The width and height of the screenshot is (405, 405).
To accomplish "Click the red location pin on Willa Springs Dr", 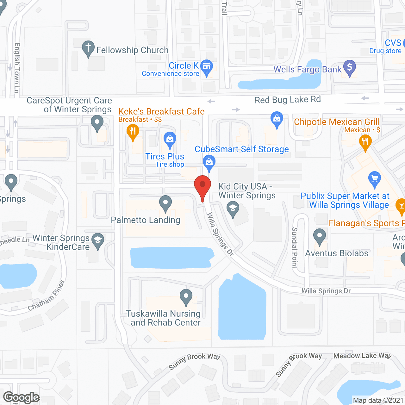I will click(202, 185).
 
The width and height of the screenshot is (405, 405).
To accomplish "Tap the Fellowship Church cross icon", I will click(88, 48).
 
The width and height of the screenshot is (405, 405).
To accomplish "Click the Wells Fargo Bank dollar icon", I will click(350, 67).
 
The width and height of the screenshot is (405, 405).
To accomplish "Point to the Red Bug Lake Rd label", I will click(288, 100).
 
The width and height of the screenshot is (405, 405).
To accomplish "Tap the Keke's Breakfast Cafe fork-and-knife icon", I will click(133, 131).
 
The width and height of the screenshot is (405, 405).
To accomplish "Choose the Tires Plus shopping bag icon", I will click(170, 139).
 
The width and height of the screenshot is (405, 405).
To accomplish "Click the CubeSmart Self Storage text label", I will click(242, 149).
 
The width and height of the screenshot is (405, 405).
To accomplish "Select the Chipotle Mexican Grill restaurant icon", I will click(365, 141).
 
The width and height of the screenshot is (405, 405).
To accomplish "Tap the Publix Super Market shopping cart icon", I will click(375, 179).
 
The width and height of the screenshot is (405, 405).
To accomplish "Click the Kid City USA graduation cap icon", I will click(233, 209).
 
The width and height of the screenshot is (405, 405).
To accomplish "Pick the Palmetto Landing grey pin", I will click(165, 203).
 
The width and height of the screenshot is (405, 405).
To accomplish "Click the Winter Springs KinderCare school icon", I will click(98, 240).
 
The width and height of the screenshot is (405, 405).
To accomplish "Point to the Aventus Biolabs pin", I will click(320, 236).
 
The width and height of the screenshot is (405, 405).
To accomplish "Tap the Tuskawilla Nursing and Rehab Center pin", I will click(186, 296).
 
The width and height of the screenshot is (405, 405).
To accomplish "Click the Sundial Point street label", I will click(295, 248).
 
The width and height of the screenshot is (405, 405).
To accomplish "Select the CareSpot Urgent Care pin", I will click(97, 122).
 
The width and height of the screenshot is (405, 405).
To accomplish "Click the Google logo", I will click(22, 397).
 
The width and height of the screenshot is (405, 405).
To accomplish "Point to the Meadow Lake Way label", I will click(362, 356).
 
